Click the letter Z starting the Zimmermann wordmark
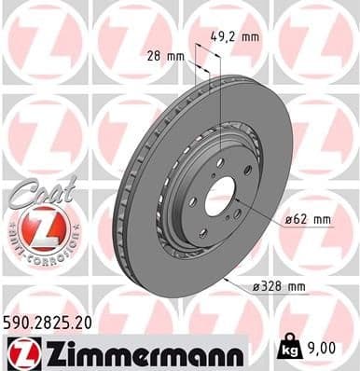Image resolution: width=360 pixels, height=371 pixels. click(x=48, y=351)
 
